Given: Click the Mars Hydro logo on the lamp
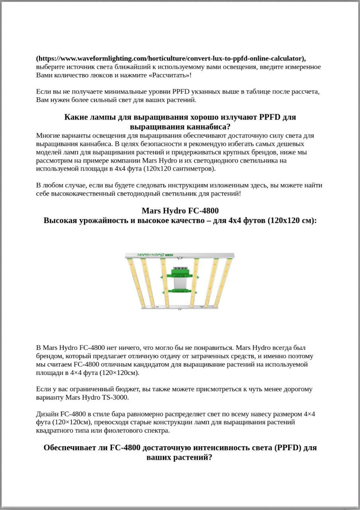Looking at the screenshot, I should pyautogui.click(x=152, y=254).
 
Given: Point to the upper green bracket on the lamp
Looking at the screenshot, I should pyautogui.click(x=180, y=274).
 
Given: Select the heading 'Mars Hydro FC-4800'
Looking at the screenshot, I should pyautogui.click(x=180, y=210).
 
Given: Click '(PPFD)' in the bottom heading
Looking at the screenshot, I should pyautogui.click(x=287, y=447).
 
